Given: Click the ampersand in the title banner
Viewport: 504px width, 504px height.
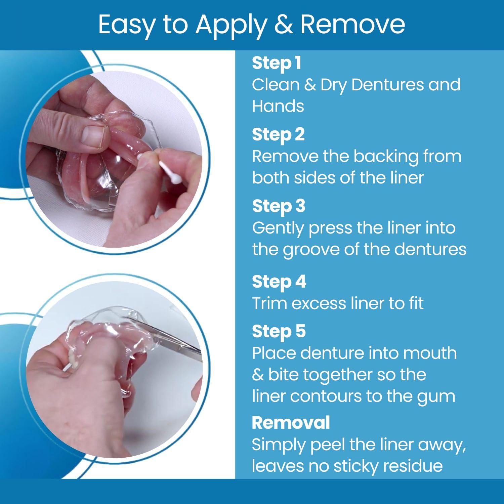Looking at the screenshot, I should tap(283, 24).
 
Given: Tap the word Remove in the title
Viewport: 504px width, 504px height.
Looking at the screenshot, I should tap(353, 24).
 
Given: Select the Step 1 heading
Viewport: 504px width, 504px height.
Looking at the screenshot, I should tap(276, 63).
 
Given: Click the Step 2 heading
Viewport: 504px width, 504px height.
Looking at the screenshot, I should tap(278, 135).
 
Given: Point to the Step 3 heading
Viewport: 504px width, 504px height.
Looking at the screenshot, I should tap(279, 206).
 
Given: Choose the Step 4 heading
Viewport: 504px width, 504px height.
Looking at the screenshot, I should tap(279, 282).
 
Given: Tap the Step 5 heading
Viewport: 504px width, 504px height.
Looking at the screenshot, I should tap(279, 331).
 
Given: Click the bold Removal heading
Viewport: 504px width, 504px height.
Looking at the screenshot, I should tap(291, 422).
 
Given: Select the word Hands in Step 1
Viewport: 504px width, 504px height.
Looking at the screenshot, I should tap(278, 106).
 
